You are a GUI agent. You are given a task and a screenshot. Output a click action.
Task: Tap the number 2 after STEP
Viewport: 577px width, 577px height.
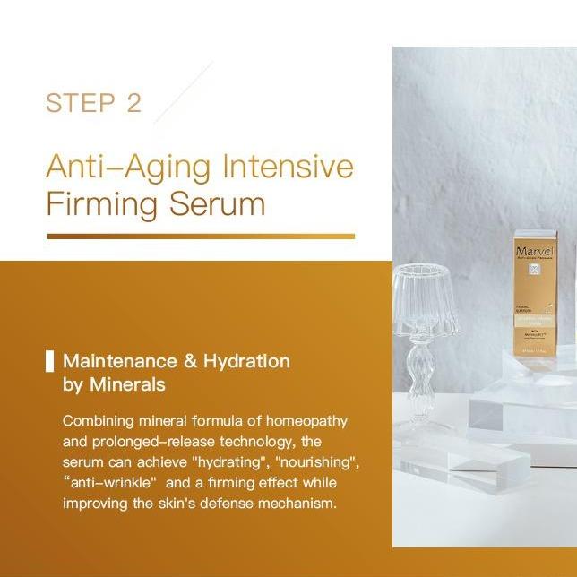pos(134,102)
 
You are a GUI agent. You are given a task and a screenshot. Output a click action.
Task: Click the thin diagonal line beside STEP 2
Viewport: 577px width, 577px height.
pos(184,91)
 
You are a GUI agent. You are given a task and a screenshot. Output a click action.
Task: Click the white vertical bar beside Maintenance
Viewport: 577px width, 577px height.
pos(49,361)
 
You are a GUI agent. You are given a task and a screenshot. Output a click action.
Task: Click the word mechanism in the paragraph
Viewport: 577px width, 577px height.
pos(292,503)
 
